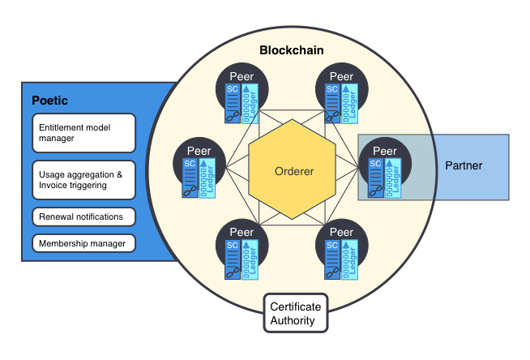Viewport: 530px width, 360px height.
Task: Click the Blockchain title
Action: coord(292,50)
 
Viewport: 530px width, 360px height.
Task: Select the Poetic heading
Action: coord(49,101)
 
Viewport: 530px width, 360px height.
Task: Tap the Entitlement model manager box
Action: coord(83,133)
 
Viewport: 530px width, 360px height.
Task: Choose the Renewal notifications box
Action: coord(83,216)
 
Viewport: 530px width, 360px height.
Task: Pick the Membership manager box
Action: coord(83,243)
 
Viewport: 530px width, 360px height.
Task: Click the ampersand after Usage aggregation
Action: coord(119,174)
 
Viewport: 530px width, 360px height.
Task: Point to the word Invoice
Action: coord(49,185)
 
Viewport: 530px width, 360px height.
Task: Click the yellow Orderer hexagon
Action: coord(292,169)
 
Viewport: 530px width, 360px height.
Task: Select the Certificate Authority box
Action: coord(296,313)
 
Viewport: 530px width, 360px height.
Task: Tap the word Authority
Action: coord(293,320)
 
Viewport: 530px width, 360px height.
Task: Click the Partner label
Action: coord(464,165)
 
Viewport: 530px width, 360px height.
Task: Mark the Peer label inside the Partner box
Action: coord(385,151)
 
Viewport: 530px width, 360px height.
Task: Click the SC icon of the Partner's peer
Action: coord(375,178)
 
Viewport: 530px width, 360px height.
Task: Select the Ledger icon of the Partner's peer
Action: coord(393,178)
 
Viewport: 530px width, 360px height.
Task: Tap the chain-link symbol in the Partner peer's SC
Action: coord(375,191)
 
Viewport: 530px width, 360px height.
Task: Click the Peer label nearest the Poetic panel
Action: coord(199,151)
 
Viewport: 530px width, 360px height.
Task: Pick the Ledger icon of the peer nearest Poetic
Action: coord(207,178)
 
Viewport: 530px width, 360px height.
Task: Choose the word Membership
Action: coord(63,243)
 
